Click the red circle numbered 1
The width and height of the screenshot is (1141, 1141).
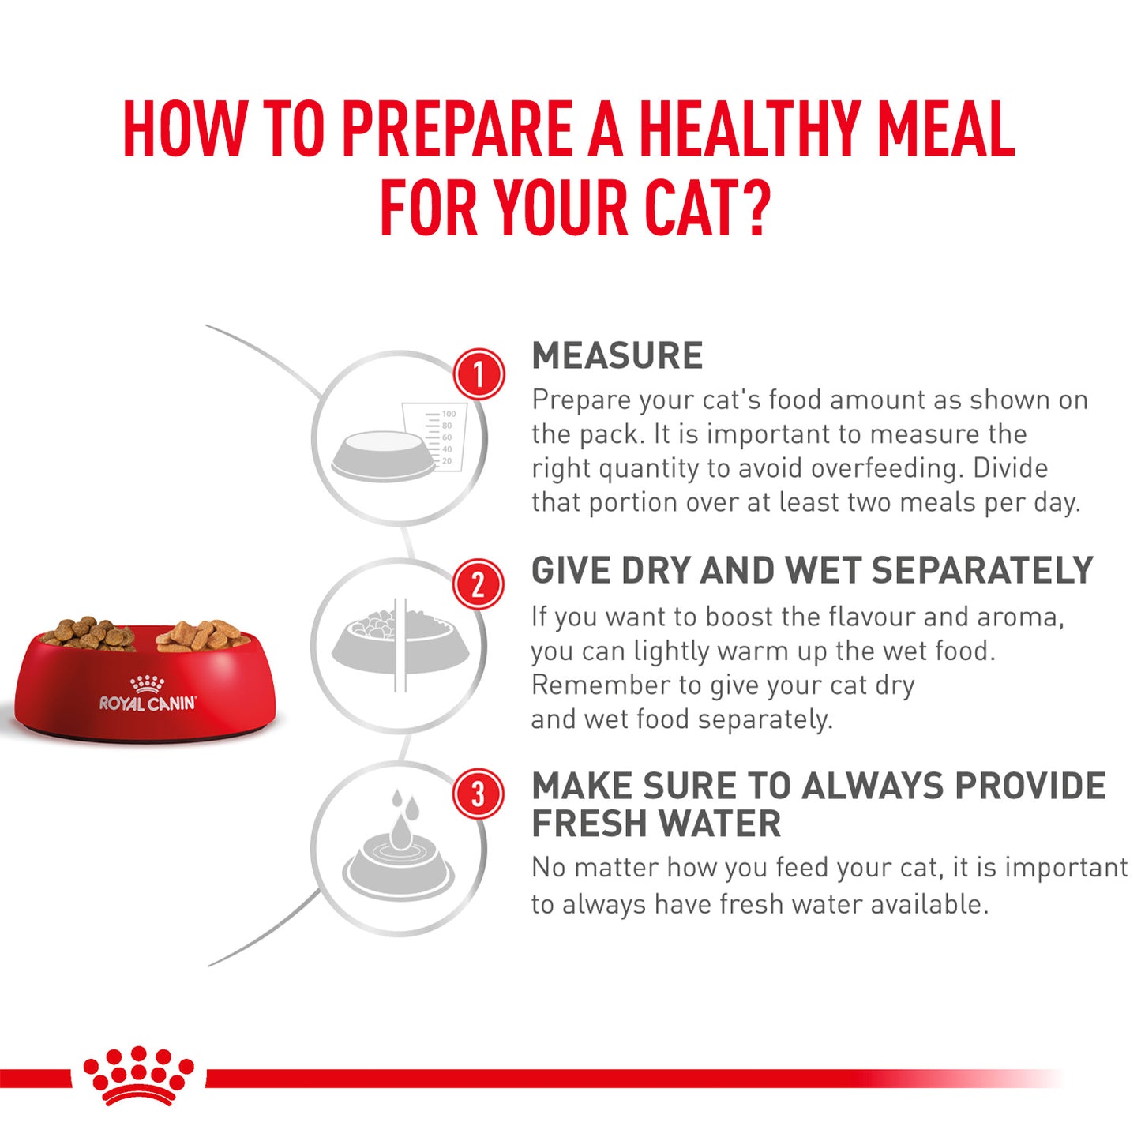(x=479, y=373)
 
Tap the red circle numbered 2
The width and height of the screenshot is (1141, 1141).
(x=478, y=585)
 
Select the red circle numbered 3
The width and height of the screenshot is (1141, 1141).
(x=478, y=794)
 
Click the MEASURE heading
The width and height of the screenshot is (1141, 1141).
(x=617, y=356)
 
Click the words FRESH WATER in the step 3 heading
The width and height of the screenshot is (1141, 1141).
(x=656, y=824)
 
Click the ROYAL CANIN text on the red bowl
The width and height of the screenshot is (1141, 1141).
(x=148, y=703)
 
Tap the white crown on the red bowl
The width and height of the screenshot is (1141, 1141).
(x=147, y=683)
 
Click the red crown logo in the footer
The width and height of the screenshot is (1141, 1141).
(x=139, y=1075)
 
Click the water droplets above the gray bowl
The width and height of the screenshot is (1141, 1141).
(x=403, y=813)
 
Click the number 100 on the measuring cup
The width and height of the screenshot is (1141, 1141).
(x=449, y=414)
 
